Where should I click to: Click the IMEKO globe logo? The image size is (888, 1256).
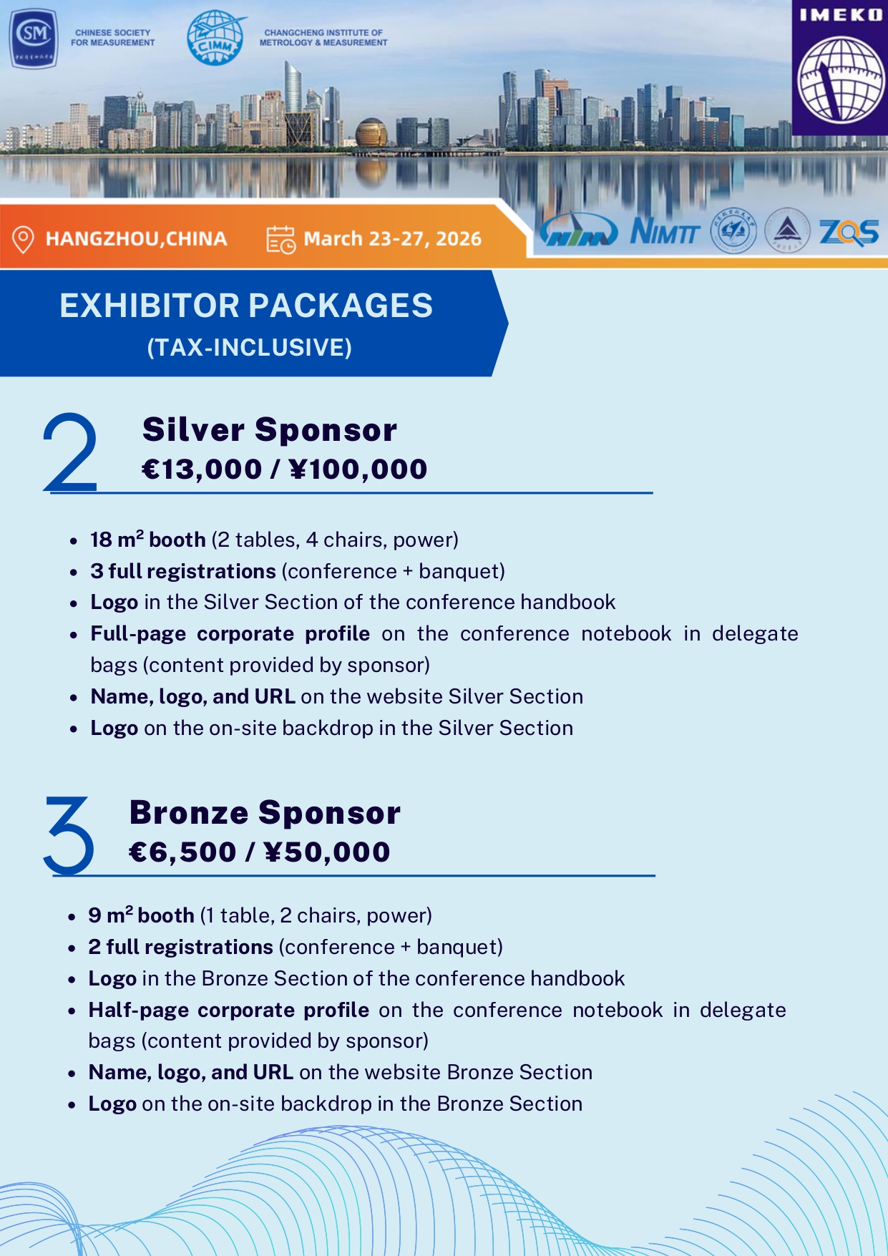point(840,78)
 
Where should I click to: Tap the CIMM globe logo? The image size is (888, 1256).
point(215,38)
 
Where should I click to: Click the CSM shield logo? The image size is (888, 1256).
point(34,38)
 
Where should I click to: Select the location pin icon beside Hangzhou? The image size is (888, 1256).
point(24,239)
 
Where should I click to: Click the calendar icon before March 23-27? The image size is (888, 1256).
point(280,240)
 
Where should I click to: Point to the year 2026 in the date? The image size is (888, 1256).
point(458,239)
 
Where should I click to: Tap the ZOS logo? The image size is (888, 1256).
point(849,232)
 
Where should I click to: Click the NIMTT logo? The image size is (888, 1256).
point(665,231)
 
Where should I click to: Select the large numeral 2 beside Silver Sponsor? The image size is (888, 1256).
point(69,452)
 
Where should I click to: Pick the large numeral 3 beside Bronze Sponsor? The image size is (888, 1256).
point(69,835)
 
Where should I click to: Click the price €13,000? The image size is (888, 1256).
point(202,469)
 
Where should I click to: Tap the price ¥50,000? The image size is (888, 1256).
point(327,852)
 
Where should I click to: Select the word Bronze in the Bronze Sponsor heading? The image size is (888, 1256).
point(189,813)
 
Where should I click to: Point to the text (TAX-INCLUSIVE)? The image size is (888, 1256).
point(249,348)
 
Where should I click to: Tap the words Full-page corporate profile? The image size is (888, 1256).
point(230,634)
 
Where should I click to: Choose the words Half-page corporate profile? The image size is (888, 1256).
point(228,1010)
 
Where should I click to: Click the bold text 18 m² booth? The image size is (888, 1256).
point(147,540)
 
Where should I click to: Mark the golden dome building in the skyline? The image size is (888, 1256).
point(371,133)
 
